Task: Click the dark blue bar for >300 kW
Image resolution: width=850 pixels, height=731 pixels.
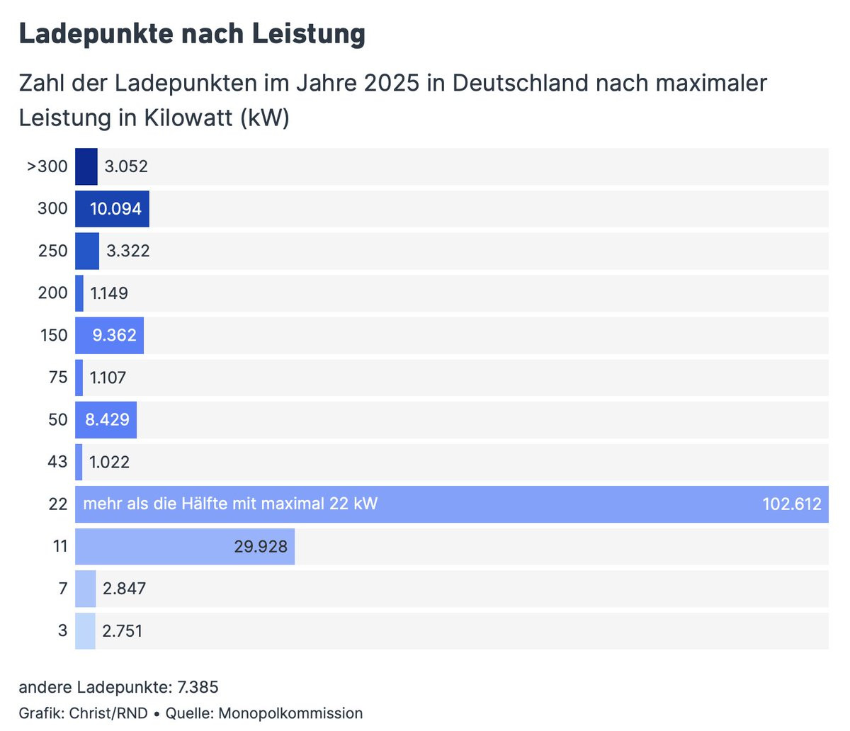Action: pyautogui.click(x=86, y=166)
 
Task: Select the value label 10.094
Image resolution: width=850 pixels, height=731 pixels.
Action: pyautogui.click(x=116, y=209)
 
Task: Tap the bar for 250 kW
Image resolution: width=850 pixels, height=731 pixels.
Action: pyautogui.click(x=87, y=251)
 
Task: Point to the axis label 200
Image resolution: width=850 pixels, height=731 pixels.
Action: pyautogui.click(x=52, y=293)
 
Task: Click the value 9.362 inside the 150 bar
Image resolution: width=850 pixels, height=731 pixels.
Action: pyautogui.click(x=114, y=336)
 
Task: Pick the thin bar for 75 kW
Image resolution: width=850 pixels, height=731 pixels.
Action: pyautogui.click(x=79, y=378)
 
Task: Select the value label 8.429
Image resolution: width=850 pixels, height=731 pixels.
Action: pyautogui.click(x=108, y=420)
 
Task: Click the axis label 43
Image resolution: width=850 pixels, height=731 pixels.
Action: pyautogui.click(x=57, y=462)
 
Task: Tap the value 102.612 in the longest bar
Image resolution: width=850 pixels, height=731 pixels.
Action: pyautogui.click(x=792, y=504)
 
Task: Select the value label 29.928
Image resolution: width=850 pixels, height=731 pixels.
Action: pyautogui.click(x=261, y=547)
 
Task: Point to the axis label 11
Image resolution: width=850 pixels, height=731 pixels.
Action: pyautogui.click(x=60, y=547)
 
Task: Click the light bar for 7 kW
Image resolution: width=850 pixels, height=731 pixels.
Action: pyautogui.click(x=86, y=589)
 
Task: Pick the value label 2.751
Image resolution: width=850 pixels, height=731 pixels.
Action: pyautogui.click(x=123, y=631)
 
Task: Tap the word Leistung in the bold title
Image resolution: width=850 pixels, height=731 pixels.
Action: pyautogui.click(x=309, y=34)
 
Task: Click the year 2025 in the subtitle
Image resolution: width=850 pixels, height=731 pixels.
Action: pyautogui.click(x=392, y=83)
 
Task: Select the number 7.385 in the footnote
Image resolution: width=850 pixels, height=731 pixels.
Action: pyautogui.click(x=198, y=687)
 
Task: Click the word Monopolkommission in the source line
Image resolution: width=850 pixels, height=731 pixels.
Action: pyautogui.click(x=290, y=713)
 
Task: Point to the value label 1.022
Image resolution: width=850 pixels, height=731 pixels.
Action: pyautogui.click(x=109, y=462)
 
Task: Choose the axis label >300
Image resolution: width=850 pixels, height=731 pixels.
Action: pyautogui.click(x=47, y=166)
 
